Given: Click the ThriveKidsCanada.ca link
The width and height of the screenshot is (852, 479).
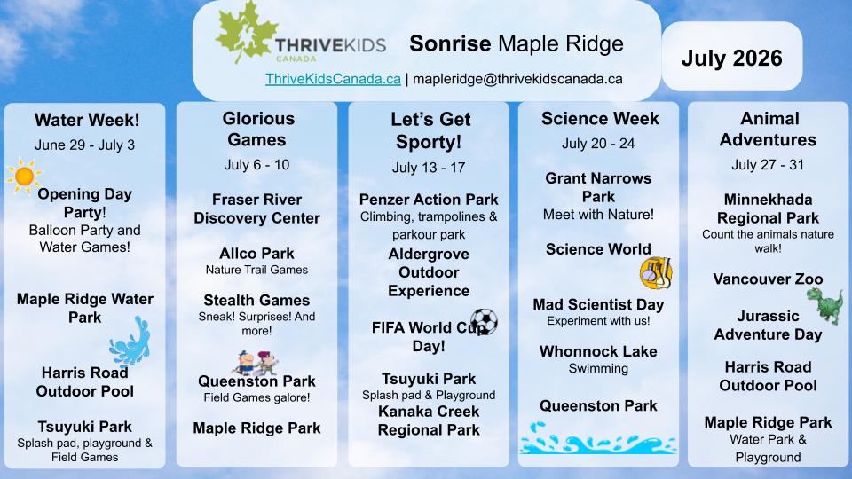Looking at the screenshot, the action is pos(333,79).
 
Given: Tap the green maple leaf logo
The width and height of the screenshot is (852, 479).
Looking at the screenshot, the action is pos(246,32).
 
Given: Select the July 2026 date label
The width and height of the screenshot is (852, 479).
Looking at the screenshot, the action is pos(732,59).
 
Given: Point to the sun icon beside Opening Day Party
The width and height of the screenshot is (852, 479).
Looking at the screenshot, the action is pos(24,176).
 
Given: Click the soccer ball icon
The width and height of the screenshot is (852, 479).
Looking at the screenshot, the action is pos(484,321).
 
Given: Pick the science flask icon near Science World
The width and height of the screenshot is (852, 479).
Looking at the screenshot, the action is pos(656,272).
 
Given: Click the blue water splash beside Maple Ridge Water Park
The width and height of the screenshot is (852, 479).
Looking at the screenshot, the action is pos(130,341).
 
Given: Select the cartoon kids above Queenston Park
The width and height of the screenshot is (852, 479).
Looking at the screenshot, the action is pos(257,363).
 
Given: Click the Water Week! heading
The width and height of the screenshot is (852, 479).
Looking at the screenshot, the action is pos(87,120).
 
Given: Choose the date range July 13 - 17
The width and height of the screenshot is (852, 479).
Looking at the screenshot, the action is pos(429,168).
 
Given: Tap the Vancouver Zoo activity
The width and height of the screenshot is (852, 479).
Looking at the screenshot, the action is pos(768,279).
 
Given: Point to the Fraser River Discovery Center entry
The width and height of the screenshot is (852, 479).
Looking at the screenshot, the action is pos(257,208).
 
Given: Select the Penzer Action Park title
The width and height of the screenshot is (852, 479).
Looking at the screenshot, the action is pos(429,200).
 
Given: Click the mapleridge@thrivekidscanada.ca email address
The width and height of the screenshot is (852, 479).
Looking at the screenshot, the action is pos(517,79).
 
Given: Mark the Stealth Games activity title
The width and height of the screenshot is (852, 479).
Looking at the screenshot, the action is pos(256,301).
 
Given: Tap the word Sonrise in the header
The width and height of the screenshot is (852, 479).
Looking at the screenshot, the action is pos(450,43).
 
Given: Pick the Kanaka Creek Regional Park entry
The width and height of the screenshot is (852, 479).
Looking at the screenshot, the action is pos(429,420).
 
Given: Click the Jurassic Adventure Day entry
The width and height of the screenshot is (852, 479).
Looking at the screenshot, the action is pos(768,326).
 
